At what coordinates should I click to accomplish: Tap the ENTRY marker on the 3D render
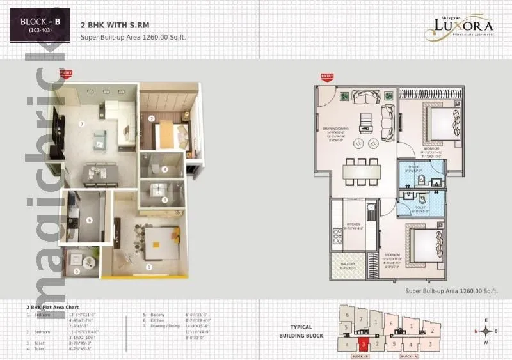pyautogui.click(x=65, y=74)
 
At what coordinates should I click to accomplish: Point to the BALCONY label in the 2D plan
pyautogui.click(x=349, y=265)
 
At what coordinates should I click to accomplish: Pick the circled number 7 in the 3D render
pyautogui.click(x=81, y=123)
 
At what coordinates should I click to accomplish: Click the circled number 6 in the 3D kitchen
pyautogui.click(x=90, y=220)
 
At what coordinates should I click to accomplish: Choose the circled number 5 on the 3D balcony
pyautogui.click(x=77, y=270)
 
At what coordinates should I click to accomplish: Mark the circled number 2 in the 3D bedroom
pyautogui.click(x=151, y=119)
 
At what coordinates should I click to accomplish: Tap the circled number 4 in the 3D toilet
pyautogui.click(x=164, y=169)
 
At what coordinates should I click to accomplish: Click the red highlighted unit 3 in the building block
pyautogui.click(x=364, y=344)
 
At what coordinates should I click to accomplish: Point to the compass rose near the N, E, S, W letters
pyautogui.click(x=488, y=331)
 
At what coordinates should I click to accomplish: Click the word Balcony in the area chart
pyautogui.click(x=158, y=315)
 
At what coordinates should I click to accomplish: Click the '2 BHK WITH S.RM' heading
pyautogui.click(x=106, y=24)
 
